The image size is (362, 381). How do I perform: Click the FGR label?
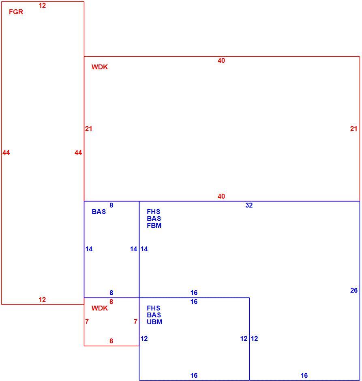tap(16, 12)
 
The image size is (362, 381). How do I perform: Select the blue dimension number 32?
tap(249, 205)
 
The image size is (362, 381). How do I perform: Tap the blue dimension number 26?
tap(354, 290)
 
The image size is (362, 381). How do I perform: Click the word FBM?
tap(154, 225)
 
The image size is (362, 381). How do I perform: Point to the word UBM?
tap(154, 322)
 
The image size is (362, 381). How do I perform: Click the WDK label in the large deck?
tap(100, 67)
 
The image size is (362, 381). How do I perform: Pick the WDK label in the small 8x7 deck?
tap(100, 308)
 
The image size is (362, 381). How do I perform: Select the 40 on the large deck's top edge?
tap(221, 60)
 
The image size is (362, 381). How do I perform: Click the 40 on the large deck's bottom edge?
tap(221, 196)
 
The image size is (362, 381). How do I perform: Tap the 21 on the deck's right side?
tap(354, 128)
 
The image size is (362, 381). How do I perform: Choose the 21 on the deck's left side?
tap(88, 128)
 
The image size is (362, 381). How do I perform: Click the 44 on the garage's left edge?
tap(6, 152)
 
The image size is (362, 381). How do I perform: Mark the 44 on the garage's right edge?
tap(78, 152)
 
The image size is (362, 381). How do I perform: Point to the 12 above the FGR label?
tap(42, 5)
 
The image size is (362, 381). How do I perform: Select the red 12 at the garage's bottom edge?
tap(42, 300)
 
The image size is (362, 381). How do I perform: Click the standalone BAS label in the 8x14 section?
tap(99, 212)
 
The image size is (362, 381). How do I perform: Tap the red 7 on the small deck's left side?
tap(87, 321)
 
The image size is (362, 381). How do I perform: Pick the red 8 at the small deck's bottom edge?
tap(111, 341)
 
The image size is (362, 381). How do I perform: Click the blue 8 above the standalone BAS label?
tap(111, 205)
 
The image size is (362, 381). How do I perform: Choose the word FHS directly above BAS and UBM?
tap(154, 308)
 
